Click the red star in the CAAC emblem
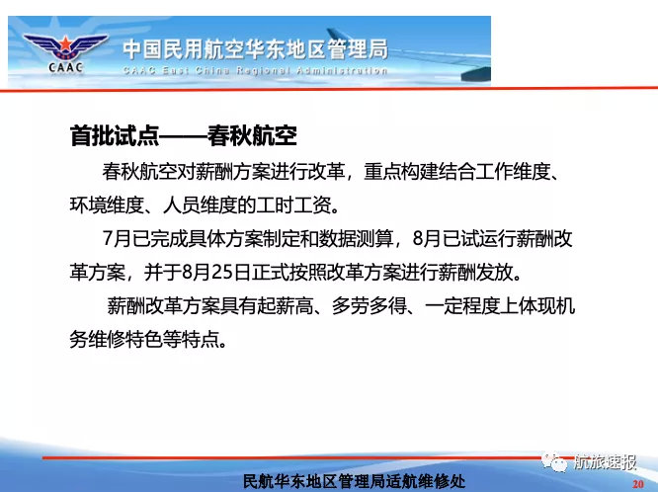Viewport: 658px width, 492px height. pyautogui.click(x=65, y=43)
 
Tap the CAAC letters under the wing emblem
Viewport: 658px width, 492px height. pyautogui.click(x=66, y=67)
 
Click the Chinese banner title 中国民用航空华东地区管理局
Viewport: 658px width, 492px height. pyautogui.click(x=256, y=50)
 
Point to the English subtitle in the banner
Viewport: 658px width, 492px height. pyautogui.click(x=256, y=70)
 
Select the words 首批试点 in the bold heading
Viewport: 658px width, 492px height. pyautogui.click(x=115, y=135)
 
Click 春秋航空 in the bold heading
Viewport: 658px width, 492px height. pyautogui.click(x=252, y=135)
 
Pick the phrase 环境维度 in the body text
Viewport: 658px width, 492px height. pyautogui.click(x=107, y=205)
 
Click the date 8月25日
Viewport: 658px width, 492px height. pyautogui.click(x=215, y=273)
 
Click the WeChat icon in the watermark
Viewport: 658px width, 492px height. pyautogui.click(x=554, y=461)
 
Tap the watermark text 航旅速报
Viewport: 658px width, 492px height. pyautogui.click(x=605, y=461)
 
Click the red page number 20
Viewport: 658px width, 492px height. pyautogui.click(x=638, y=484)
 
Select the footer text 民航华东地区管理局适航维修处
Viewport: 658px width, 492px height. pyautogui.click(x=354, y=482)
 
